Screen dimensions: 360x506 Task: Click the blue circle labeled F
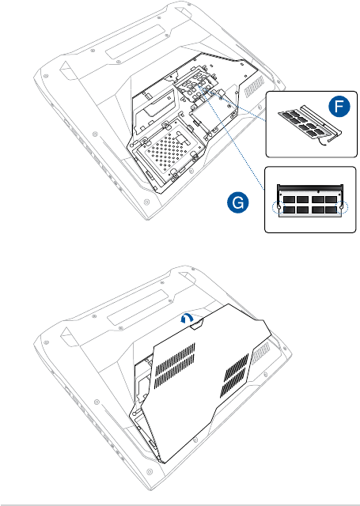(x=339, y=106)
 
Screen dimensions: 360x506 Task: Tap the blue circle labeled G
(x=237, y=202)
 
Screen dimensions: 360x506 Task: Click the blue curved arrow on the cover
(x=186, y=319)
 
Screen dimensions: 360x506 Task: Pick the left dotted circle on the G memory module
(x=278, y=208)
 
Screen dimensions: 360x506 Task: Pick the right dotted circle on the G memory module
(x=343, y=208)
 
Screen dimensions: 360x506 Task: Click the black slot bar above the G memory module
(x=310, y=187)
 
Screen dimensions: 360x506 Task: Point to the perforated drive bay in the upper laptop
(x=170, y=152)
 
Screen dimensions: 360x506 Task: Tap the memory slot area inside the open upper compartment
(x=195, y=86)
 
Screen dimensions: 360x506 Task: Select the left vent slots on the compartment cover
(x=175, y=365)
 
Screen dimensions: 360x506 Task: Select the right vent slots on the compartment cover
(x=235, y=376)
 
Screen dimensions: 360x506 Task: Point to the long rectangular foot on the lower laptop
(x=137, y=308)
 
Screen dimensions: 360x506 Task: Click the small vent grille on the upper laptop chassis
(x=255, y=86)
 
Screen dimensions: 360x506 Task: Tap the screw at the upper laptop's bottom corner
(x=146, y=202)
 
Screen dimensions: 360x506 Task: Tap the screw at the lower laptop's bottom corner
(x=149, y=472)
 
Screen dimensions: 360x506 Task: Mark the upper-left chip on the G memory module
(x=289, y=200)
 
